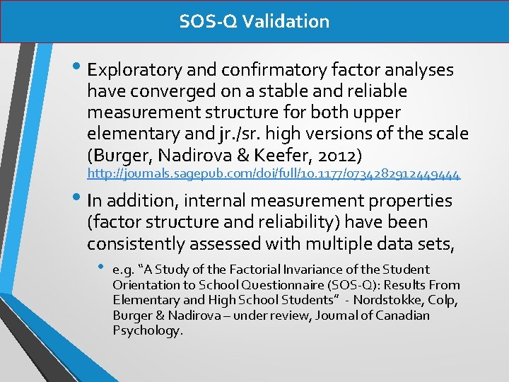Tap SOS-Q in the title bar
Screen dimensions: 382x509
(x=208, y=21)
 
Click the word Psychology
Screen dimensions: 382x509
(x=147, y=330)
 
